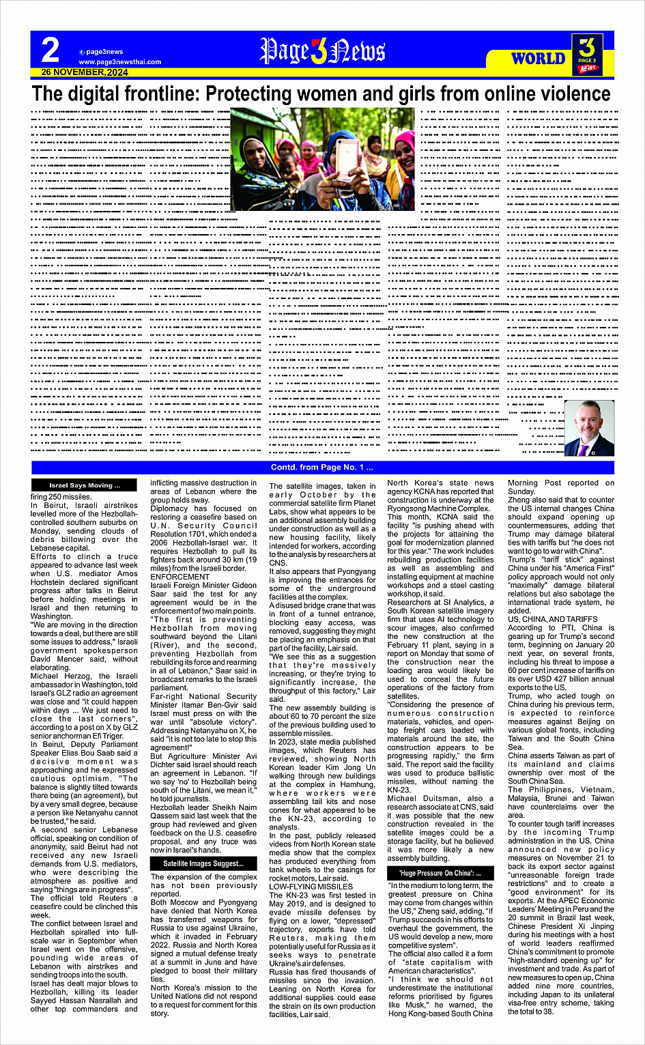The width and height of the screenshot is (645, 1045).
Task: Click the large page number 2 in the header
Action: pyautogui.click(x=51, y=51)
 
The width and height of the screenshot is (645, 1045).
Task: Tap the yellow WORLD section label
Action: pyautogui.click(x=539, y=59)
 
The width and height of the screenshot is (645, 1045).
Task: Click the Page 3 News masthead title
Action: pyautogui.click(x=322, y=52)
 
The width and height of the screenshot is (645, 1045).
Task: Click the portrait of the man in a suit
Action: pyautogui.click(x=589, y=428)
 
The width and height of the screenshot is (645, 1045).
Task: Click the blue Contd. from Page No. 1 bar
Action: pyautogui.click(x=322, y=468)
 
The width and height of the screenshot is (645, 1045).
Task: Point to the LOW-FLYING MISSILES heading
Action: pyautogui.click(x=311, y=886)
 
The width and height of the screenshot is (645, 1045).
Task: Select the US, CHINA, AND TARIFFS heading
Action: pyautogui.click(x=552, y=619)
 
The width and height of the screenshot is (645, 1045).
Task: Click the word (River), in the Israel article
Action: pyautogui.click(x=166, y=645)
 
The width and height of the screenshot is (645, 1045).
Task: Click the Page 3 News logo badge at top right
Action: pyautogui.click(x=587, y=53)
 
